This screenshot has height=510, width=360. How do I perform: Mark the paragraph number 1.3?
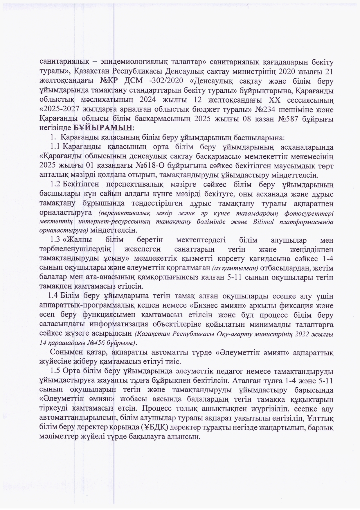55,240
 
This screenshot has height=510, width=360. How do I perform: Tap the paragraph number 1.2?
55,184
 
